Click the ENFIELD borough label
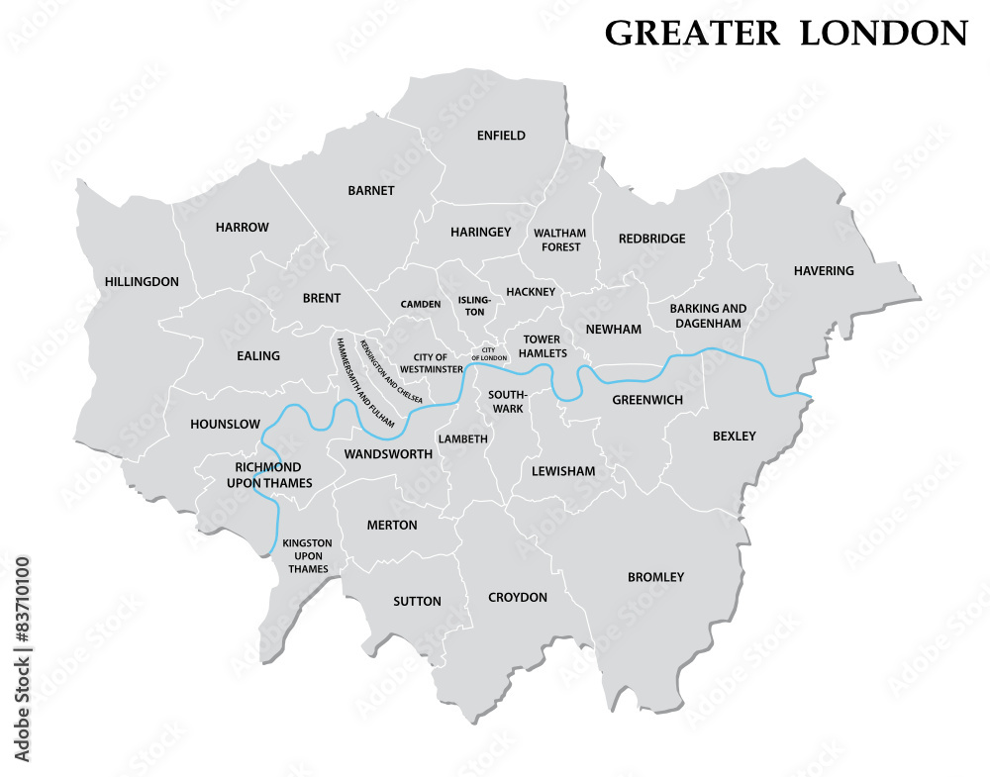(501, 136)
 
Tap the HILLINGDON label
(142, 282)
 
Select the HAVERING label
(823, 271)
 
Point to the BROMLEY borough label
(655, 577)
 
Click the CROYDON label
(518, 598)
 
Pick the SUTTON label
(417, 602)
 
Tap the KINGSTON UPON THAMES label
(307, 556)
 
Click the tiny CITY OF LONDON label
(488, 353)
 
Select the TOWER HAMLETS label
(543, 346)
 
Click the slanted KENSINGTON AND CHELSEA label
(392, 371)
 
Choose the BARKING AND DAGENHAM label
(708, 316)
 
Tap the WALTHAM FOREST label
(560, 241)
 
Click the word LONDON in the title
(884, 34)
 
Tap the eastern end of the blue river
(810, 398)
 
